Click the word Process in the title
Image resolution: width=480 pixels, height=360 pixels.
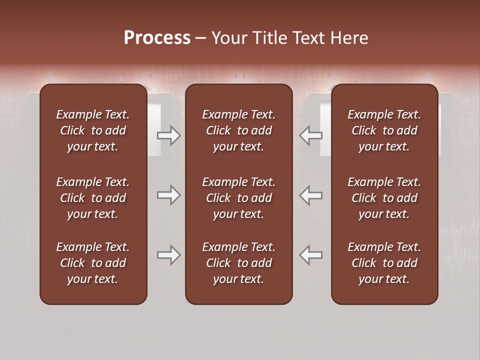click(157, 38)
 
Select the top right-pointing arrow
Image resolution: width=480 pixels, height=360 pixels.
click(168, 135)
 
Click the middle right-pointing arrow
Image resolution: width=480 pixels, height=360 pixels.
click(168, 195)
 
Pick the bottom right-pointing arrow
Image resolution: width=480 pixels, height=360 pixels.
click(168, 255)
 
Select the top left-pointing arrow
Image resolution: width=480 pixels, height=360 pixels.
click(311, 135)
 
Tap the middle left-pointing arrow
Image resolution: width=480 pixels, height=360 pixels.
click(311, 195)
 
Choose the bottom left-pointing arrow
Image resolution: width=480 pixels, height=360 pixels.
click(311, 255)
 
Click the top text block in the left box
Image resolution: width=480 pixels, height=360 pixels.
click(93, 130)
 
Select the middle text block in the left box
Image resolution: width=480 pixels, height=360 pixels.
click(93, 198)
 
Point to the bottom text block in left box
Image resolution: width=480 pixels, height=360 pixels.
click(93, 263)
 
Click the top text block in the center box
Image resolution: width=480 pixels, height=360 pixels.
click(238, 130)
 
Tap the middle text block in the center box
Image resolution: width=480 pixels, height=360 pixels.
click(238, 198)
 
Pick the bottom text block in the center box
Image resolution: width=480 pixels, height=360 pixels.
click(238, 263)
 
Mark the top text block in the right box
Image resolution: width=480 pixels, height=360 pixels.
click(384, 130)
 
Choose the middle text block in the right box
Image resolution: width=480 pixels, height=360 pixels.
click(384, 198)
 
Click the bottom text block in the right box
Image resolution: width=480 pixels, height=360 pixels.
click(384, 263)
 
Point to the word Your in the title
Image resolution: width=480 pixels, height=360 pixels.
click(228, 38)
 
